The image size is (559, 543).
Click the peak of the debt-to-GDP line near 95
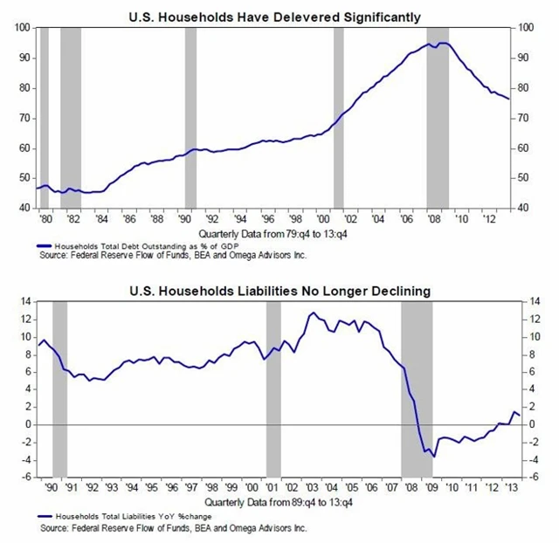(441, 43)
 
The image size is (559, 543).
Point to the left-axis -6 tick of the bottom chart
(27, 478)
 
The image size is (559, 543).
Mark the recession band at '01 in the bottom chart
(273, 388)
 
